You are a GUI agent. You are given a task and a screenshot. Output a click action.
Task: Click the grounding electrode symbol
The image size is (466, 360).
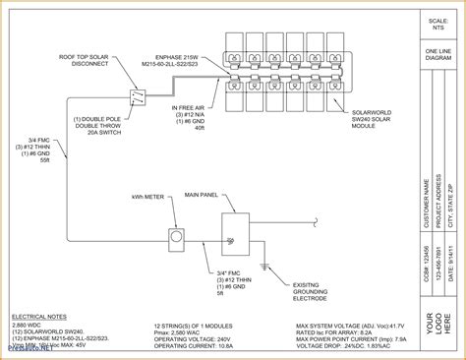point(263,266)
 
